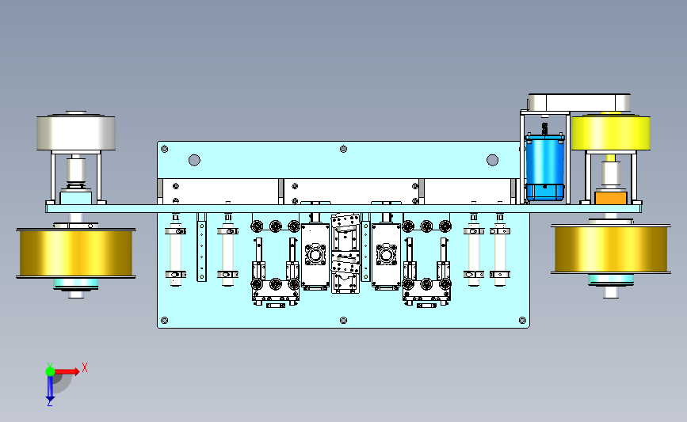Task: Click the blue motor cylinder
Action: coord(544,167)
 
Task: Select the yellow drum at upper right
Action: coord(611,133)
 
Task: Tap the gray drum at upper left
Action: coord(76,132)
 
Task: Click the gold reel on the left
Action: coord(76,253)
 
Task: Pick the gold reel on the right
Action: coord(611,249)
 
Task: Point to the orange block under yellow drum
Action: coord(611,197)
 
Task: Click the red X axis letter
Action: coord(85,367)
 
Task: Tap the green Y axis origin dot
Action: coord(50,371)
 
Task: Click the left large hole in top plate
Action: coord(194,160)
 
